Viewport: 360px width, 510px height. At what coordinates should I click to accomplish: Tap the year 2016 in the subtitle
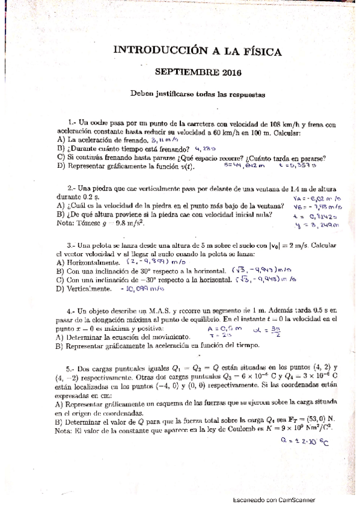pos(230,73)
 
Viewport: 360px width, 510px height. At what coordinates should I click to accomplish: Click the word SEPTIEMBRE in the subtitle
pos(188,73)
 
